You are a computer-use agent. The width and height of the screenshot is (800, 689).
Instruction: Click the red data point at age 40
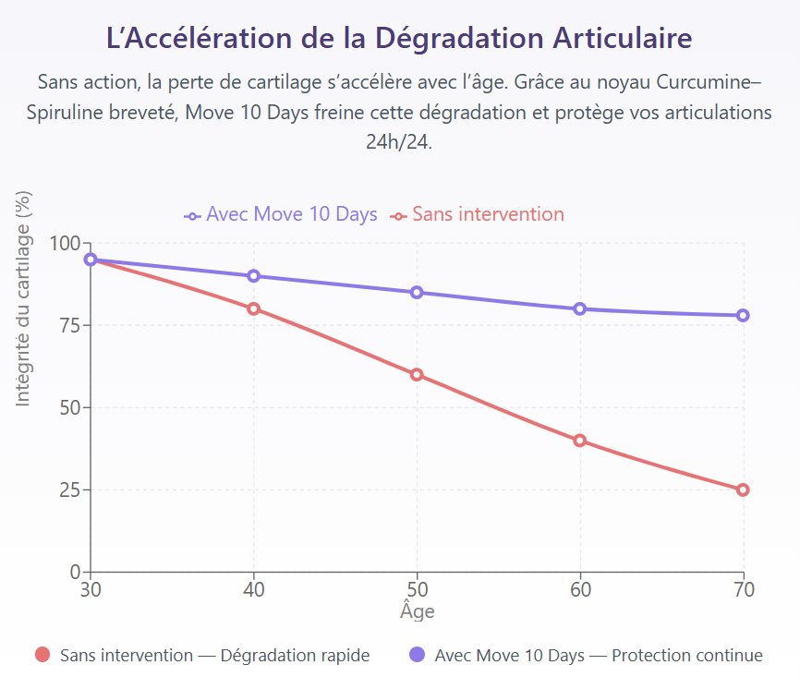[253, 308]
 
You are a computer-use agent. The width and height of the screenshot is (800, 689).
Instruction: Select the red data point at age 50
[417, 375]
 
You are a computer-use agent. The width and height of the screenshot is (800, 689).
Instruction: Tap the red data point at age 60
[580, 441]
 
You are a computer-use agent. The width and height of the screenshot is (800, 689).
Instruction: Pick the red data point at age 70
[743, 490]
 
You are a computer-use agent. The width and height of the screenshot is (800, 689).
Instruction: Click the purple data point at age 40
[253, 276]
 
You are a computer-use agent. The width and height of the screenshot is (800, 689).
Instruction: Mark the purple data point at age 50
[417, 292]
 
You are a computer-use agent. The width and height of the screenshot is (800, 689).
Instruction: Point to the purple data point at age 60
[580, 308]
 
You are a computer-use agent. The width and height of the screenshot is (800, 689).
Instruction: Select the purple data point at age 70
[743, 315]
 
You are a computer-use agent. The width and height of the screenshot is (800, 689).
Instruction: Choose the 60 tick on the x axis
[580, 589]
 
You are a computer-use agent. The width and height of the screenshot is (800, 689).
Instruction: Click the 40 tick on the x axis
[253, 589]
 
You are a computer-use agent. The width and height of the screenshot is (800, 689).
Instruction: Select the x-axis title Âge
[417, 611]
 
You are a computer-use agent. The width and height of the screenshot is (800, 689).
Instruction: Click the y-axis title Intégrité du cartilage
[24, 297]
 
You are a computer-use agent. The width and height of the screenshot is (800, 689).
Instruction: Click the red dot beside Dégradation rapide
[42, 656]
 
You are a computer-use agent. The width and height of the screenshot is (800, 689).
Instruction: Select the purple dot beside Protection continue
[417, 656]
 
